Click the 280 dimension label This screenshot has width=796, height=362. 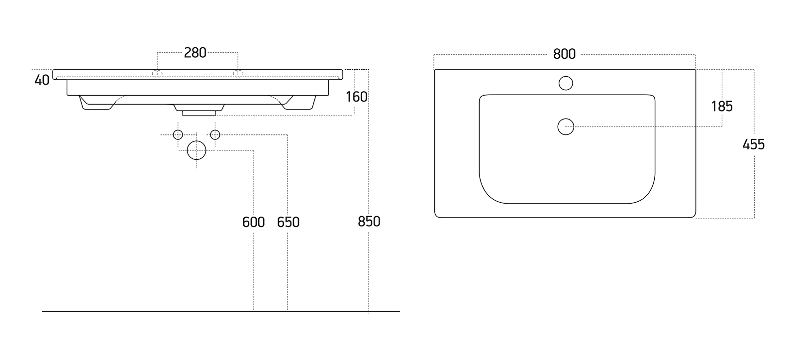pyautogui.click(x=195, y=53)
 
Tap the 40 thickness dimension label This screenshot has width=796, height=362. pyautogui.click(x=42, y=80)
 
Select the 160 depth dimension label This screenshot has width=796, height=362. pyautogui.click(x=356, y=97)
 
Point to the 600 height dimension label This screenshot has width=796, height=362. pyautogui.click(x=253, y=222)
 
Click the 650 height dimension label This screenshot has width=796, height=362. pyautogui.click(x=288, y=222)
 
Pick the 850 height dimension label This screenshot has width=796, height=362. pyautogui.click(x=369, y=222)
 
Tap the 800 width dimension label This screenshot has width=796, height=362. pyautogui.click(x=564, y=54)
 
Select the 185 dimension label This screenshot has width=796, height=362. pyautogui.click(x=722, y=107)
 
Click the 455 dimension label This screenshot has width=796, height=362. pyautogui.click(x=753, y=144)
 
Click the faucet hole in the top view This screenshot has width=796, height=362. pyautogui.click(x=566, y=83)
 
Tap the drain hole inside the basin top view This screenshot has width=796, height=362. pyautogui.click(x=566, y=126)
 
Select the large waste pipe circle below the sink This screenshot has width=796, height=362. pyautogui.click(x=197, y=150)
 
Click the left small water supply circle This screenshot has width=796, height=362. pyautogui.click(x=178, y=135)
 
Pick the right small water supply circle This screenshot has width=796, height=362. pyautogui.click(x=215, y=135)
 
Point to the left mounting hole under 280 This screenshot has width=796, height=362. pyautogui.click(x=157, y=73)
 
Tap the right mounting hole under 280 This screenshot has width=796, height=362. pyautogui.click(x=238, y=73)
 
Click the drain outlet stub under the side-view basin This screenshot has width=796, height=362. pyautogui.click(x=199, y=113)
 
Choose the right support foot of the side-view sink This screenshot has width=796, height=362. pyautogui.click(x=298, y=103)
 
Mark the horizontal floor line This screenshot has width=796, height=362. pyautogui.click(x=221, y=311)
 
